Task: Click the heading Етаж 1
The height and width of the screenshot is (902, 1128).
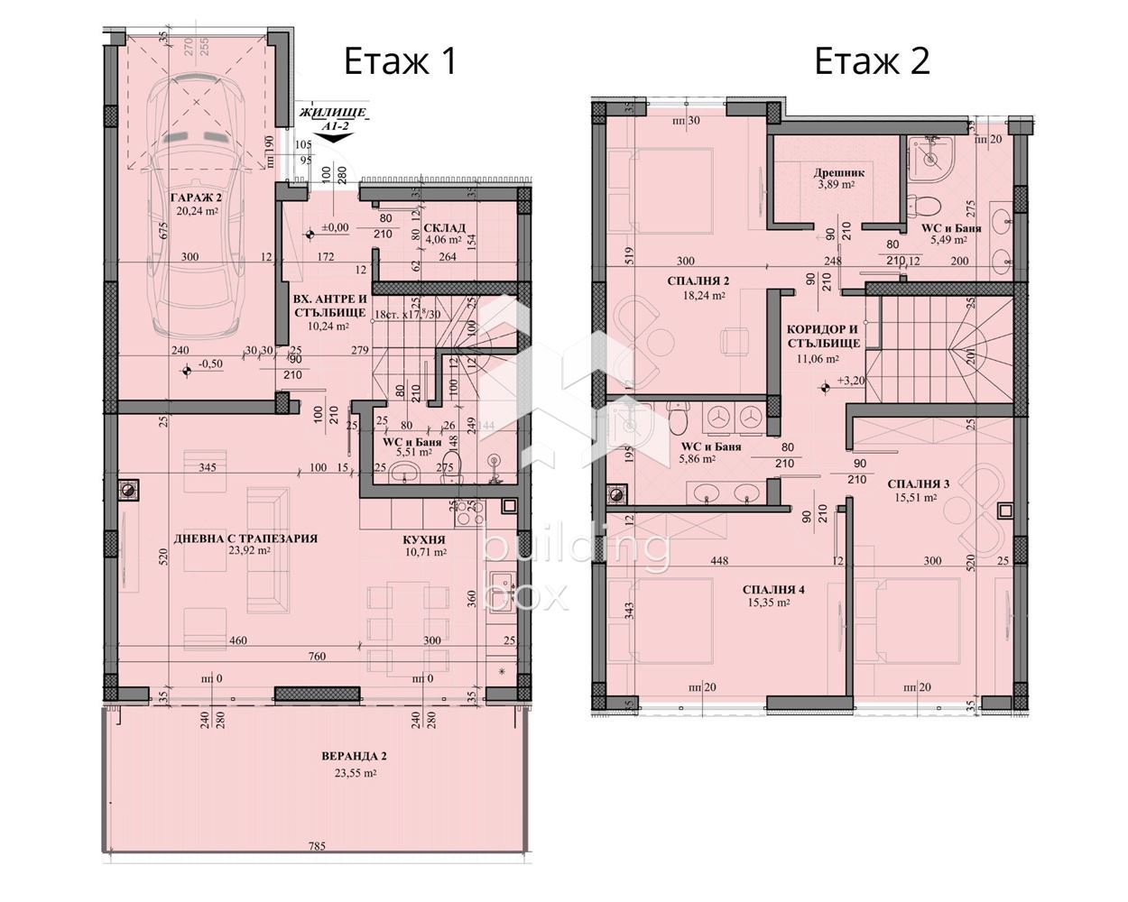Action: point(401,61)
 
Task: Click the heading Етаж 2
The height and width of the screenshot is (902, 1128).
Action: point(872,61)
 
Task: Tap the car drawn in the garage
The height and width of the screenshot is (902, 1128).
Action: point(196,207)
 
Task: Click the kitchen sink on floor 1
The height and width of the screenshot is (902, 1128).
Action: point(500,581)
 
